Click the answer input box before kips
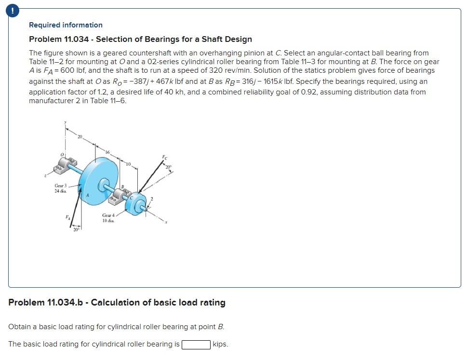pyautogui.click(x=196, y=344)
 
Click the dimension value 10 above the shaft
pyautogui.click(x=128, y=164)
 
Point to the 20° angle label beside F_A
pyautogui.click(x=75, y=230)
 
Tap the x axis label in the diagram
pyautogui.click(x=165, y=222)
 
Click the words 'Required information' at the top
pyautogui.click(x=66, y=25)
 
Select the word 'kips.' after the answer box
pyautogui.click(x=220, y=344)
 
